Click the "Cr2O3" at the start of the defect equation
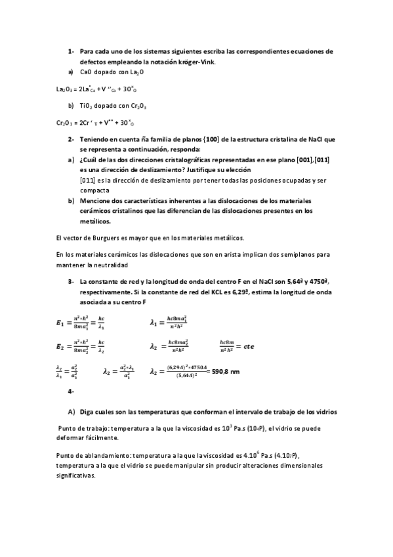coord(64,122)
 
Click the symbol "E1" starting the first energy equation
coord(60,323)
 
